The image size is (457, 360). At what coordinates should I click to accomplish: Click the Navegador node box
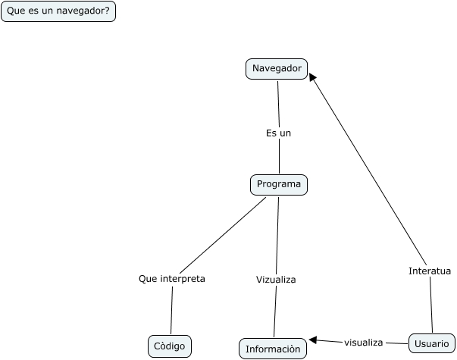tap(277, 69)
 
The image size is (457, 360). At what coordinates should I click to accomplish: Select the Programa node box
tap(279, 184)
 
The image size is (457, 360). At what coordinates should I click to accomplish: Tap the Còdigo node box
tap(169, 346)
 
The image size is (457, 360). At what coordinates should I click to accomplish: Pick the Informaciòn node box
tap(274, 349)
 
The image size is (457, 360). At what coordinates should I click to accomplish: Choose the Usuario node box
tap(432, 344)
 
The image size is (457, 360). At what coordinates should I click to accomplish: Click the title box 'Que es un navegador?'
tap(58, 11)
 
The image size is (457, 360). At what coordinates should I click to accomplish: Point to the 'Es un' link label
tap(278, 133)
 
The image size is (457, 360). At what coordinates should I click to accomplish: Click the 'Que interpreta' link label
tap(172, 279)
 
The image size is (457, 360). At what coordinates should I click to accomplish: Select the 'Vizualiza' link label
tap(276, 280)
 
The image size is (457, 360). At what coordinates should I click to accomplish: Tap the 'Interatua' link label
tap(430, 271)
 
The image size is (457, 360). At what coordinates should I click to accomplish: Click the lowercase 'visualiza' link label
tap(363, 343)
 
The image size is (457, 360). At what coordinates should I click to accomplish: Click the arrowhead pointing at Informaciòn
tap(312, 340)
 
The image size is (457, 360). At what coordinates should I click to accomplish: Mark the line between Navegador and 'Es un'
tap(278, 102)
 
